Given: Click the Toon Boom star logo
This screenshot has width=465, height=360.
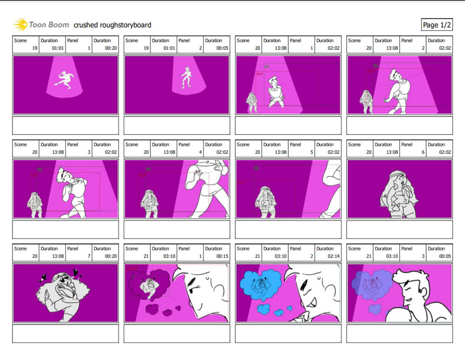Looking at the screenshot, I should pos(21,24).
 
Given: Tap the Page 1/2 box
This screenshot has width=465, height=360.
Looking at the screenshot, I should pos(436,25).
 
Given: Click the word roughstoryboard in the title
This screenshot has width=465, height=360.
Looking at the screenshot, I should pos(125,25).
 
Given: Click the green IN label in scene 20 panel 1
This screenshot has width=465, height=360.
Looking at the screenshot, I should pos(267,67).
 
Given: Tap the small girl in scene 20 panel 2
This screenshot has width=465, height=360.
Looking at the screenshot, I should pos(367,102).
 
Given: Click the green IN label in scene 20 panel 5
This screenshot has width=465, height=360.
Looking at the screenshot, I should pos(256,168).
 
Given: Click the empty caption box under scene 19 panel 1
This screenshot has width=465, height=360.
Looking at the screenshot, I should pos(66,126).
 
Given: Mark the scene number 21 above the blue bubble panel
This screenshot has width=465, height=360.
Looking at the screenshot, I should pos(257,256).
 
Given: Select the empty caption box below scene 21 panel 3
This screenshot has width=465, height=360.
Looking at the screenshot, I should pos(399,334).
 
